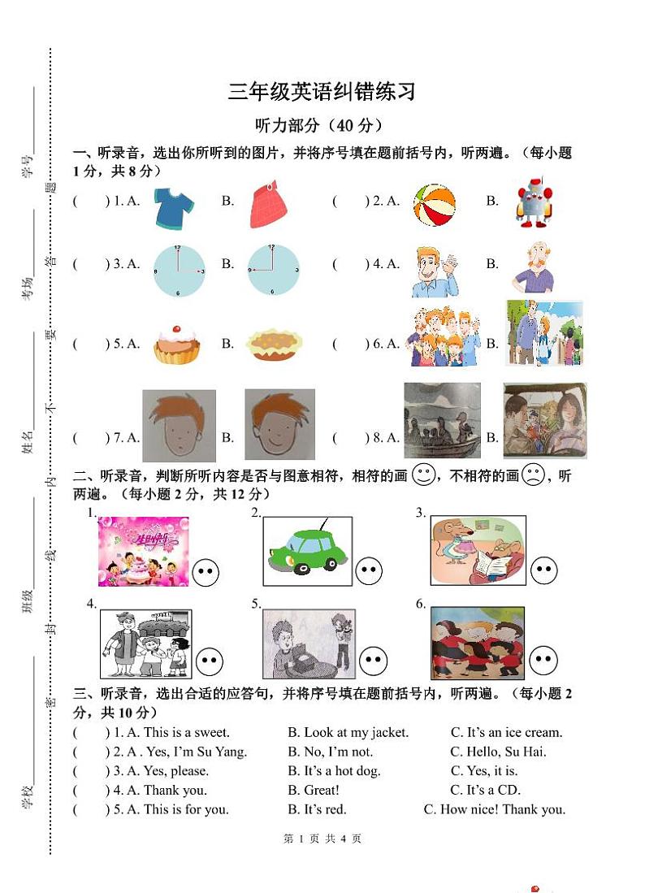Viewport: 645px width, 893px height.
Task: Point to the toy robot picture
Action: tap(533, 202)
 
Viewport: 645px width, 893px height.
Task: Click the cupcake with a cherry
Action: tap(177, 343)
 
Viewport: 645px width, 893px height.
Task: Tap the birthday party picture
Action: tap(143, 551)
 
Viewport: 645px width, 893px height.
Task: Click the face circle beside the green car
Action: tap(370, 571)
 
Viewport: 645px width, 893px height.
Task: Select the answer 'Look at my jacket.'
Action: tap(348, 732)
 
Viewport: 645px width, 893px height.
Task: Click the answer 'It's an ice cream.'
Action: tap(506, 732)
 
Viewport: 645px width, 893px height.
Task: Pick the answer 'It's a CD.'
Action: tap(486, 790)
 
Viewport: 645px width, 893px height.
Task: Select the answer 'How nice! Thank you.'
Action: tap(495, 809)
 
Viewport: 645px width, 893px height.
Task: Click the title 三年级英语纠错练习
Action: tap(322, 92)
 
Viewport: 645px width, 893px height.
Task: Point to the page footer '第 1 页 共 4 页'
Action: tap(322, 839)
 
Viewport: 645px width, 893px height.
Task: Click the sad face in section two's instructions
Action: tap(532, 475)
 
